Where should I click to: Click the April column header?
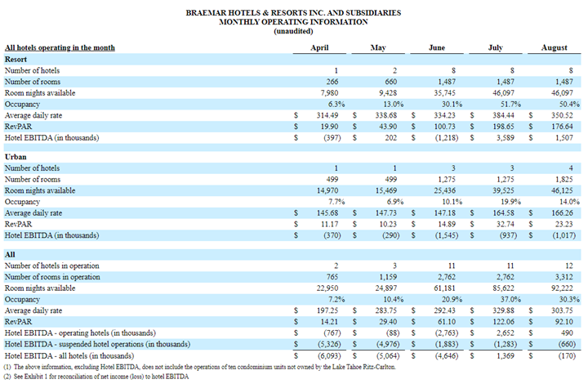[320, 48]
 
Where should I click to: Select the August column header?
[555, 48]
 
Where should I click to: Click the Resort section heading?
[16, 60]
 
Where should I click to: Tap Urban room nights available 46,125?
[554, 190]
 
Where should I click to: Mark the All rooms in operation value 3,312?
[556, 278]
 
